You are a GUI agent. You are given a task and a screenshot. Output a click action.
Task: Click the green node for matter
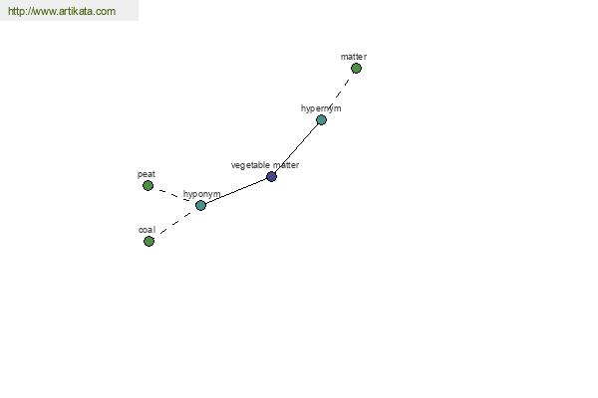[356, 69]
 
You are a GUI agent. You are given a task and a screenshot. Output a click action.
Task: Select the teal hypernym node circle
[321, 120]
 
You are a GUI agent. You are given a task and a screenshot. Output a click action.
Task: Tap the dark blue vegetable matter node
[271, 177]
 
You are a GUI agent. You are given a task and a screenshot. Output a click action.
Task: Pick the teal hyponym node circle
[200, 206]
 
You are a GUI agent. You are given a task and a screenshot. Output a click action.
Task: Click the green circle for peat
[148, 186]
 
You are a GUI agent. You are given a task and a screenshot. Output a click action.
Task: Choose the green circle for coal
[149, 241]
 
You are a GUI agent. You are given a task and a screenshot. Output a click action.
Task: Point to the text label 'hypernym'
[321, 107]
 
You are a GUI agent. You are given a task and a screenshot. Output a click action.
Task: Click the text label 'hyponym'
[201, 194]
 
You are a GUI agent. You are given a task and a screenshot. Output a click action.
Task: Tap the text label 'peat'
[147, 174]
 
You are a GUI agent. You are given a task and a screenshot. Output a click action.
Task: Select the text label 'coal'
[147, 229]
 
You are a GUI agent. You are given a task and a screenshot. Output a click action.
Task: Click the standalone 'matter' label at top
[353, 57]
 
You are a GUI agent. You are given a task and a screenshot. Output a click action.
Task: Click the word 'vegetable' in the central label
[250, 165]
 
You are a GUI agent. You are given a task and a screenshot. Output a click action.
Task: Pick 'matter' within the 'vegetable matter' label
[285, 165]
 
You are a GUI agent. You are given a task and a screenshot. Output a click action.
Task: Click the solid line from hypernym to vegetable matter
[296, 149]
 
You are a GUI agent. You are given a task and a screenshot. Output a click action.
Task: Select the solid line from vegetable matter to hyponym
[236, 191]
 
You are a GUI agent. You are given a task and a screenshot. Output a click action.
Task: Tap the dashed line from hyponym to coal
[174, 224]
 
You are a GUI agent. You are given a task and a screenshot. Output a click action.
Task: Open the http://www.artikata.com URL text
[61, 12]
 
